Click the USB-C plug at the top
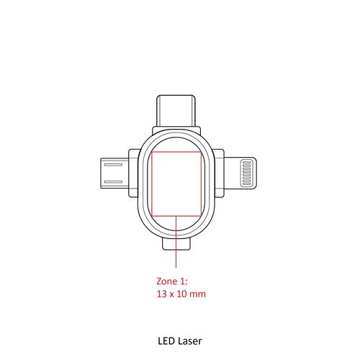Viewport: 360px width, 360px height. point(176,110)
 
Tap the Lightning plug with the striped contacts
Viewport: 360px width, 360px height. point(240,173)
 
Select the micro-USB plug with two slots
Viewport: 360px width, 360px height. point(114,173)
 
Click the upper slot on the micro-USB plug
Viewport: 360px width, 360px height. point(113,165)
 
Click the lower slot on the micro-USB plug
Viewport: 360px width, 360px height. point(113,182)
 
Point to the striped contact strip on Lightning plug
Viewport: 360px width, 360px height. point(246,173)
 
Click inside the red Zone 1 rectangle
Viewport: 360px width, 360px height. point(176,184)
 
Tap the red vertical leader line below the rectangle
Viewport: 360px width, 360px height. point(176,242)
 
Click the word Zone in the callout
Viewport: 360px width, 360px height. point(167,282)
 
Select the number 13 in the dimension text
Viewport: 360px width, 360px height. point(162,294)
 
